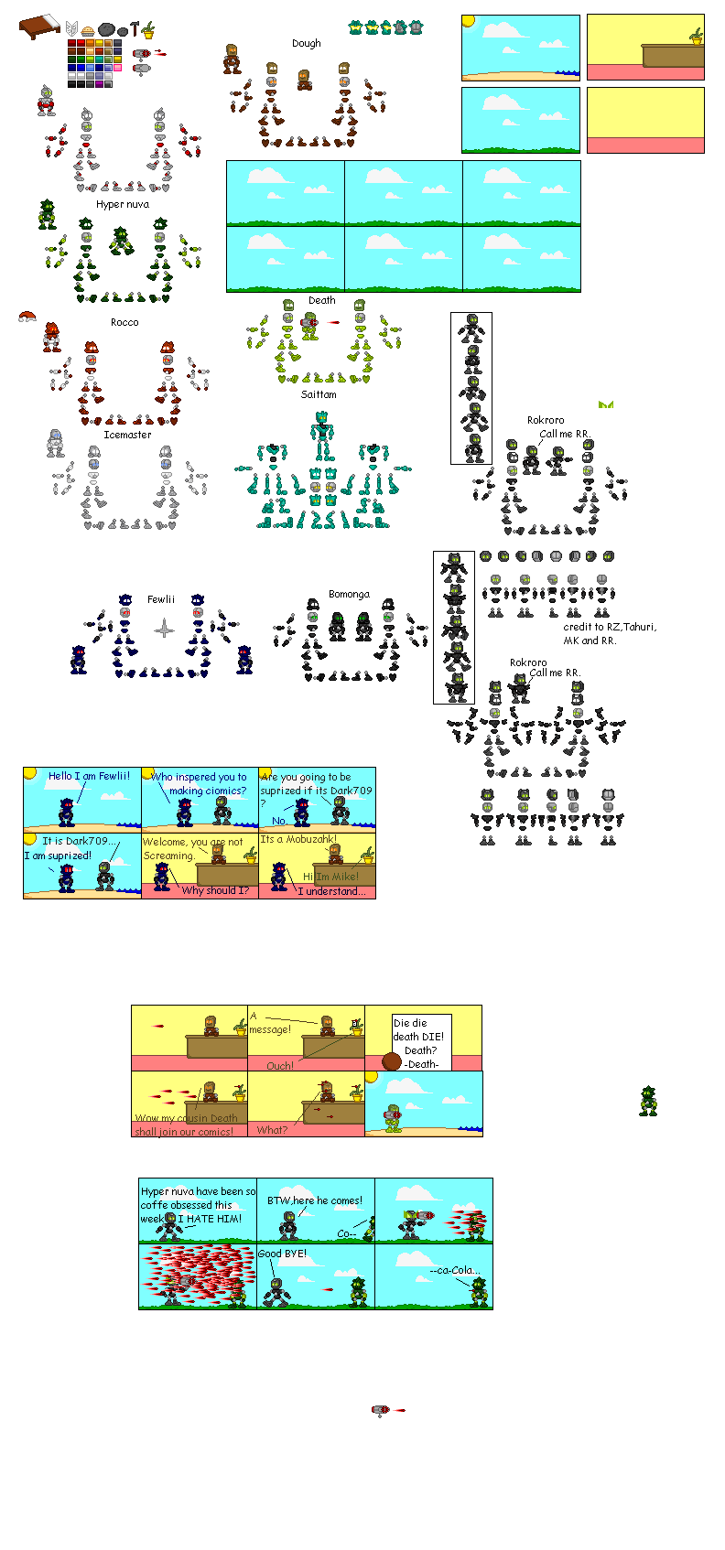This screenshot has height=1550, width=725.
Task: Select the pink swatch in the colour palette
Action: tap(117, 67)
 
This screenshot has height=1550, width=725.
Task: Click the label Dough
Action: tap(307, 43)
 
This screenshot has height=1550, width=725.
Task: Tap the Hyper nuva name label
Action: tap(122, 204)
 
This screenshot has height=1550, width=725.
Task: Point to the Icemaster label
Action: tap(127, 435)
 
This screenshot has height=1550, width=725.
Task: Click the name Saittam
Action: tap(319, 394)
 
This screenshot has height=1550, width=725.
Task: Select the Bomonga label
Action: tap(349, 594)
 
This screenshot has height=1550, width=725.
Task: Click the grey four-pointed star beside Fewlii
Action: tap(165, 629)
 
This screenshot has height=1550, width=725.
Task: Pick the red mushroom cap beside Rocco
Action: tap(27, 317)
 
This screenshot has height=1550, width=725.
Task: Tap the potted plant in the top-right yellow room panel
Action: tap(697, 37)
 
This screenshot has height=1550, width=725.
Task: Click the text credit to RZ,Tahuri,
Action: tap(610, 627)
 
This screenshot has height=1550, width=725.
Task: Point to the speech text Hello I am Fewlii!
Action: tap(89, 776)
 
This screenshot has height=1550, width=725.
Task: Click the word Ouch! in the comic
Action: tap(280, 1066)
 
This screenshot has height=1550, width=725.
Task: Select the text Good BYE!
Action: tap(282, 1254)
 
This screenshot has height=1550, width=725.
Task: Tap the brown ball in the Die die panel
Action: tap(392, 1061)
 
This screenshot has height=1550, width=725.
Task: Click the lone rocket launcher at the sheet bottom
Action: tap(381, 1411)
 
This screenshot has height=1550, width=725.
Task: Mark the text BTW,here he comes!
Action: tap(314, 1200)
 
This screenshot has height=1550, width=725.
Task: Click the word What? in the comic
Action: tap(272, 1130)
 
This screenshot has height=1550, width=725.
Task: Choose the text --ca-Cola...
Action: tap(454, 1270)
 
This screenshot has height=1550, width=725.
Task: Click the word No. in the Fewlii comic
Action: tap(279, 821)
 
